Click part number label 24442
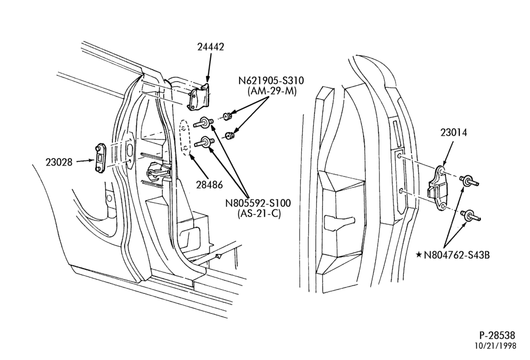211,47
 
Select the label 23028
59,162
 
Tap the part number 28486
210,185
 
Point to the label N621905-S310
271,81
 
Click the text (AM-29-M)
272,91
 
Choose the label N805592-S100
258,203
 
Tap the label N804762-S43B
457,255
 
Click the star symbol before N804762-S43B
419,255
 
